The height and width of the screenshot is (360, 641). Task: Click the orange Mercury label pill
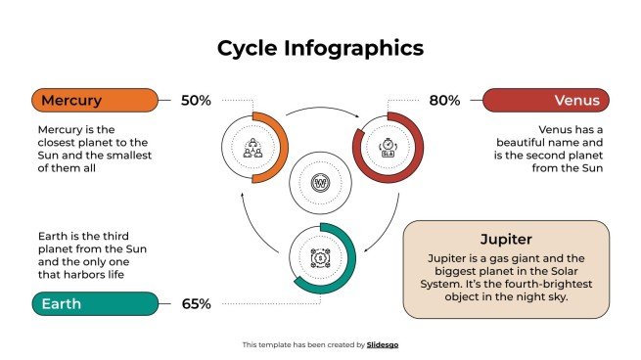pyautogui.click(x=94, y=101)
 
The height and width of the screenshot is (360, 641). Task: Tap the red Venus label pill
pyautogui.click(x=546, y=101)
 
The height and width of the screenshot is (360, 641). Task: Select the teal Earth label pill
pyautogui.click(x=94, y=304)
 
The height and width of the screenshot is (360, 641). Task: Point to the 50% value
pyautogui.click(x=196, y=101)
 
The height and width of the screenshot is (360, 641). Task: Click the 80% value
pyautogui.click(x=444, y=101)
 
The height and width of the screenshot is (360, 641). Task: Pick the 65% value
pyautogui.click(x=196, y=304)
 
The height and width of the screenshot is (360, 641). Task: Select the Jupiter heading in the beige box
pyautogui.click(x=506, y=240)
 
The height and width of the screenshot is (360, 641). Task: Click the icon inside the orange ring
pyautogui.click(x=252, y=148)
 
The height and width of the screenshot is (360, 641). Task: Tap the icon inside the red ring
pyautogui.click(x=388, y=148)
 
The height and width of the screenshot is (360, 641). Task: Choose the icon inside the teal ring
pyautogui.click(x=320, y=257)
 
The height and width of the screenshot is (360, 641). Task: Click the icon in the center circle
pyautogui.click(x=320, y=183)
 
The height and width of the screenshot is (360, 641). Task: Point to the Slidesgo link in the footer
pyautogui.click(x=383, y=344)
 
